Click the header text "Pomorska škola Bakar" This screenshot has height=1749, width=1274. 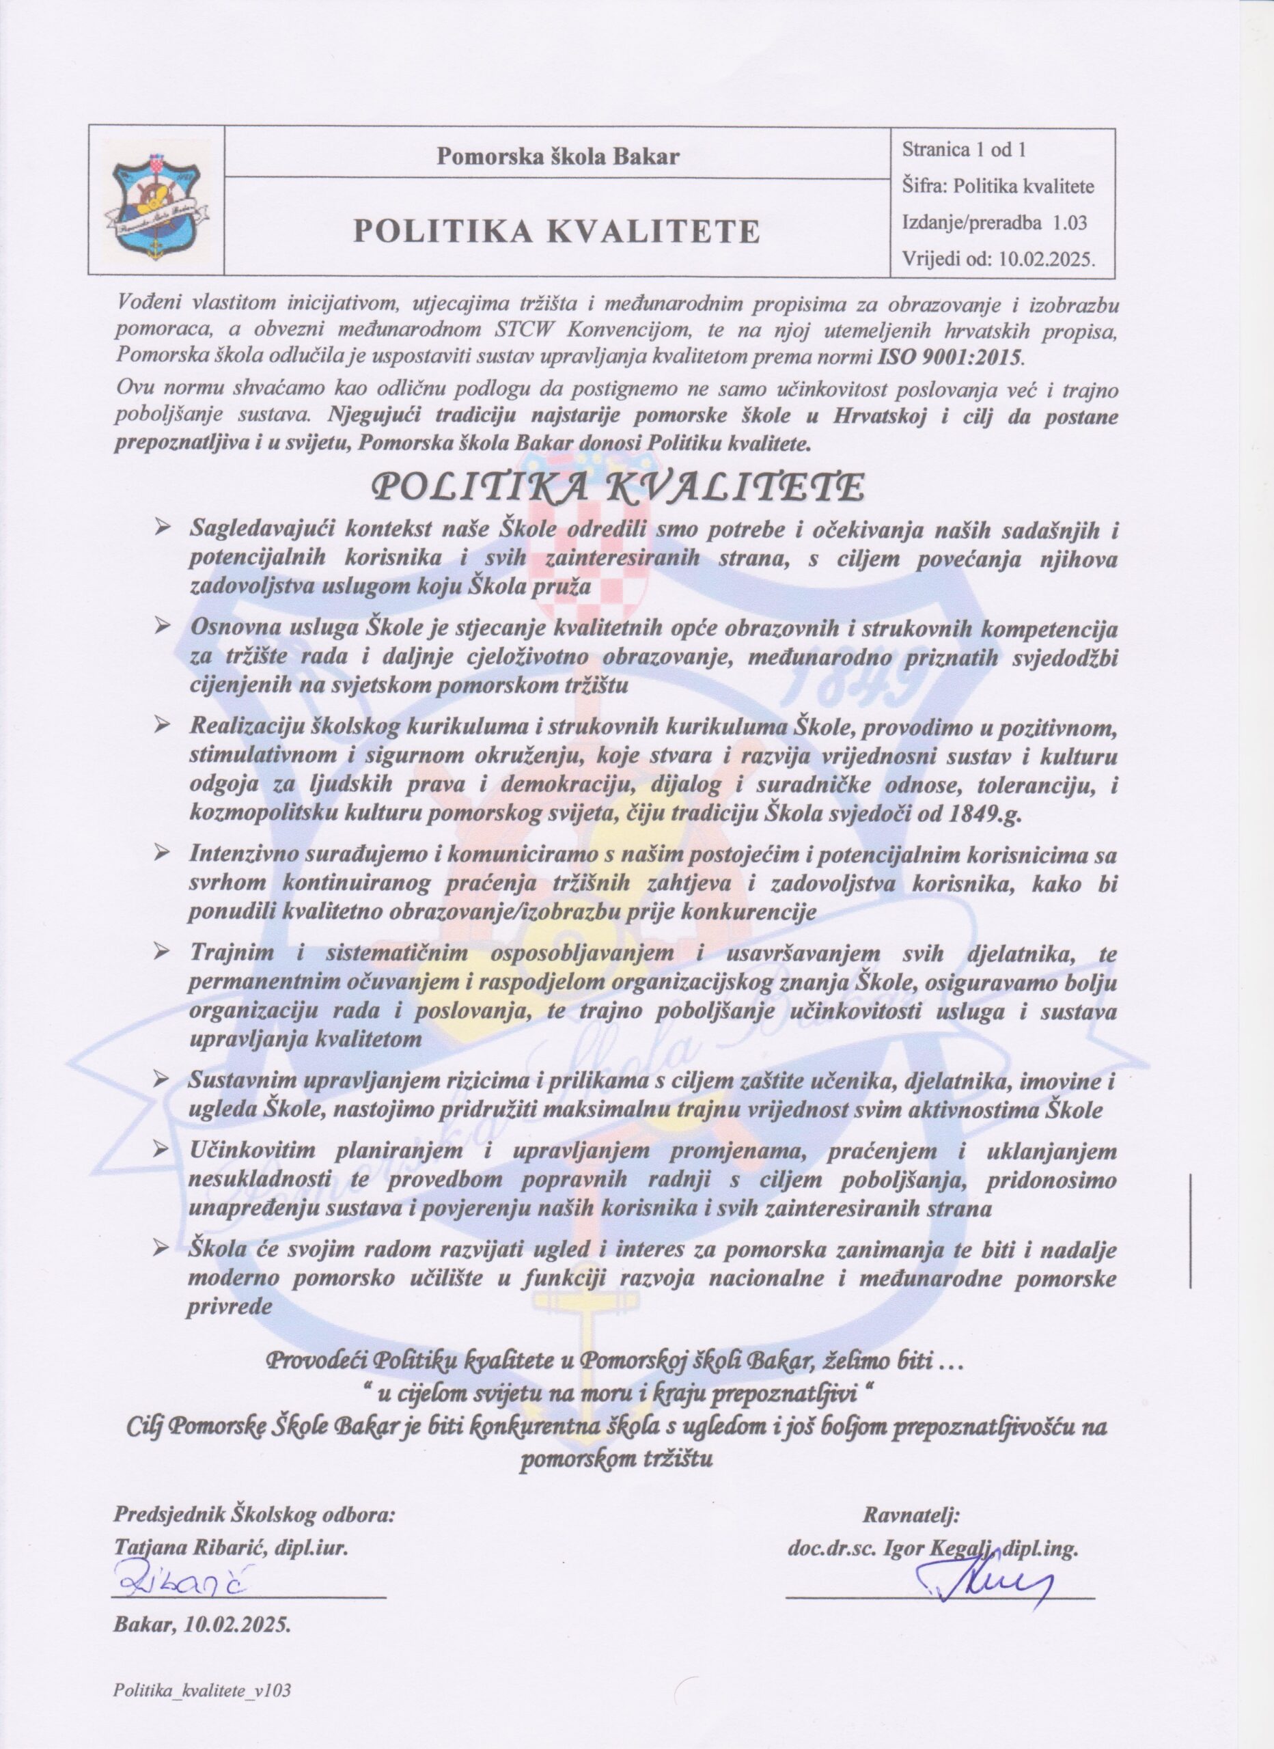pyautogui.click(x=558, y=157)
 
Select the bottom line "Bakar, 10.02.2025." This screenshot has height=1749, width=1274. pyautogui.click(x=202, y=1598)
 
